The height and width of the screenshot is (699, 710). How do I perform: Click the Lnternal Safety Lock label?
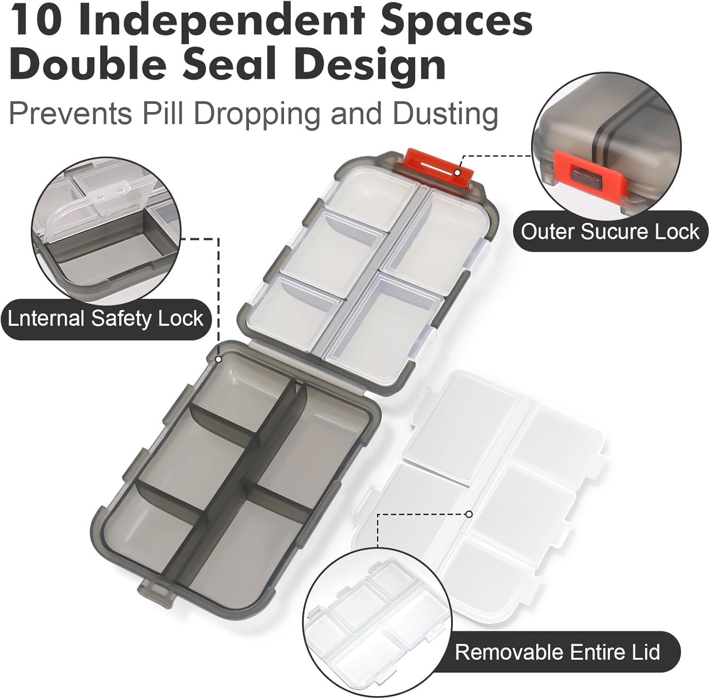(x=105, y=319)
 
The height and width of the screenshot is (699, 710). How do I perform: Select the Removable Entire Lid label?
(x=557, y=652)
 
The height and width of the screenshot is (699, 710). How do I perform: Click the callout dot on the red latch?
(x=457, y=172)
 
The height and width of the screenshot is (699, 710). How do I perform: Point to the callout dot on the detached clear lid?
(x=469, y=514)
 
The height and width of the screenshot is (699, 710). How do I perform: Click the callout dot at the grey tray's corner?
(x=218, y=359)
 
